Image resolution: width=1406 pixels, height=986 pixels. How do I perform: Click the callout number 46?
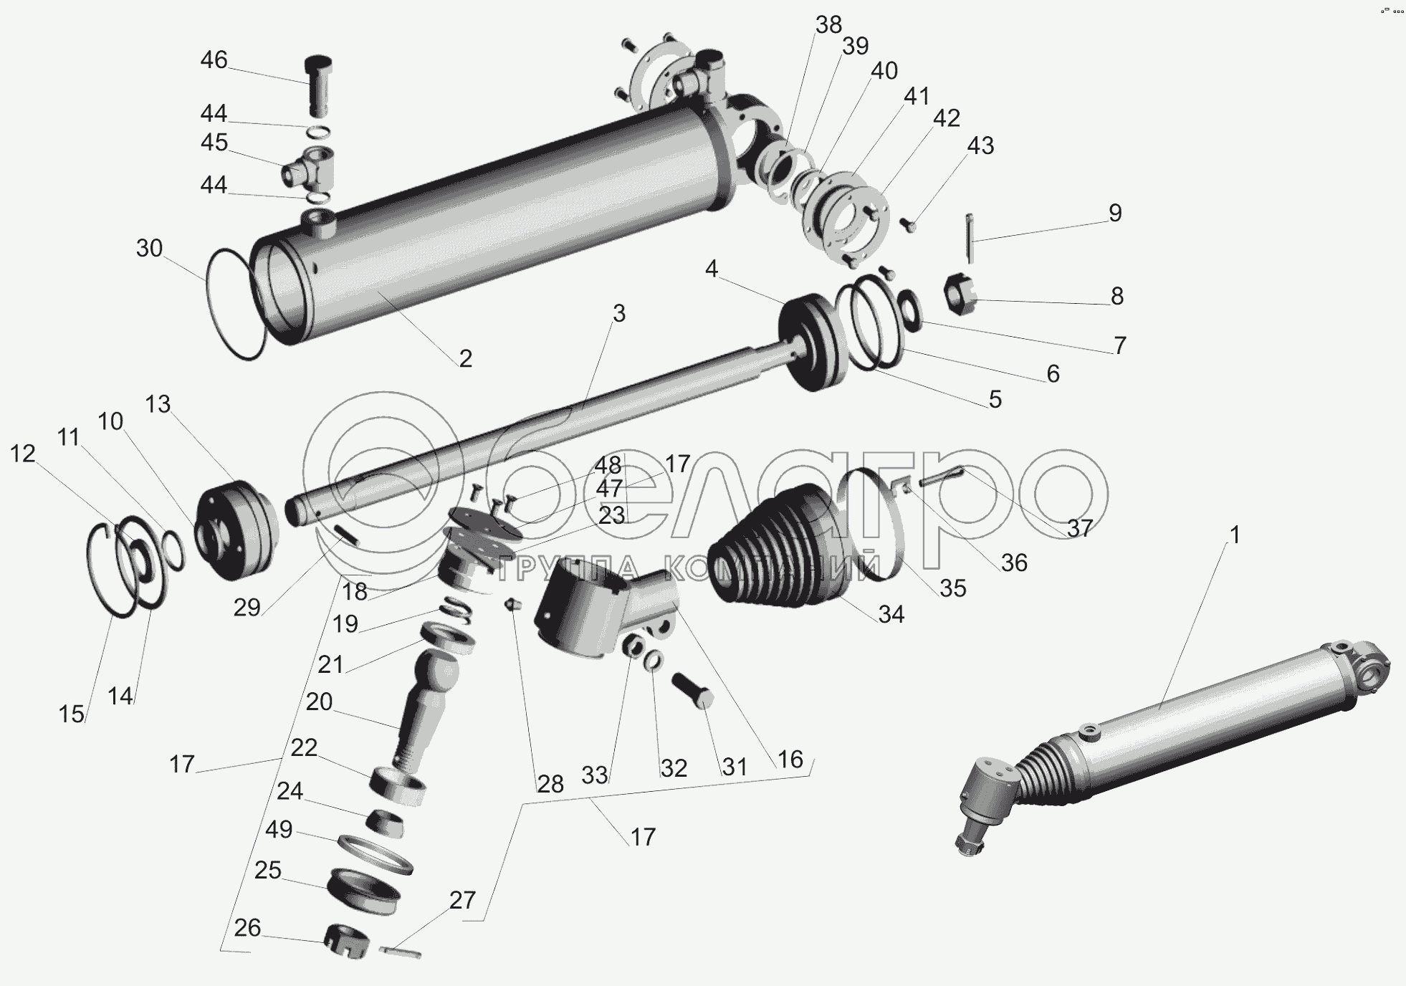tap(214, 59)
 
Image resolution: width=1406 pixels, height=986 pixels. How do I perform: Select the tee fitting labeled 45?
tap(309, 166)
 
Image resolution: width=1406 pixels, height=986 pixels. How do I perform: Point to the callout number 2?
tap(466, 358)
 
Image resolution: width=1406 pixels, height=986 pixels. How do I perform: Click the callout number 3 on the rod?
tap(619, 313)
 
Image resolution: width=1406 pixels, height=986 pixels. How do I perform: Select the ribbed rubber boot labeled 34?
tap(775, 544)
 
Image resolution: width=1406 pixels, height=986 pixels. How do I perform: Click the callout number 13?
tap(158, 403)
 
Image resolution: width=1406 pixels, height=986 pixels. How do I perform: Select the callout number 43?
tap(980, 145)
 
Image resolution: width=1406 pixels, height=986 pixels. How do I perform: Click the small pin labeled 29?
tap(346, 535)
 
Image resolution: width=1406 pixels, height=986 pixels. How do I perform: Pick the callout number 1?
tap(1234, 535)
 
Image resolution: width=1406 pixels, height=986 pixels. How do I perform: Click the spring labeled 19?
tap(457, 608)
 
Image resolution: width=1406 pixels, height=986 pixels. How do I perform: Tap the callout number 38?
tap(828, 25)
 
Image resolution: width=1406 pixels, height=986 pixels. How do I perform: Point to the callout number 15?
tap(72, 714)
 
